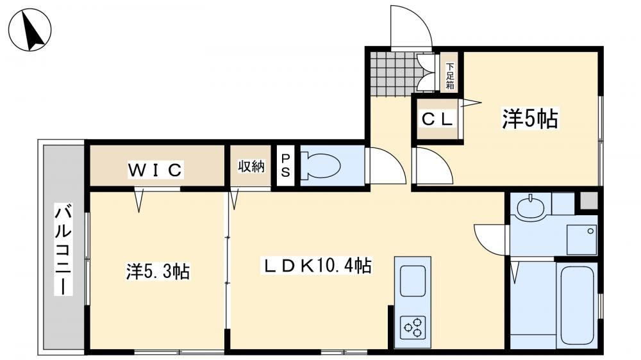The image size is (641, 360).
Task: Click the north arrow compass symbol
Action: pos(30,29)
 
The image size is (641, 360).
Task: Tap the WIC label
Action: pos(155,170)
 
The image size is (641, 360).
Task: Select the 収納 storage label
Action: pos(251,167)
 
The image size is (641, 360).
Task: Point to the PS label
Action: pos(285,165)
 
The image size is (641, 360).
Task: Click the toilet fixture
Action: pos(320,165)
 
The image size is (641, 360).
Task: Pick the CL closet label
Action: pos(437,119)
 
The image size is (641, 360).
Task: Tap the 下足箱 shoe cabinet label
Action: pos(450,76)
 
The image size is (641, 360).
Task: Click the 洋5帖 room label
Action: pos(530,119)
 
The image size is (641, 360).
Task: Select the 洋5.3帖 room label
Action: pos(158,272)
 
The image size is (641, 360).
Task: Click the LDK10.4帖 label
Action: pos(318,266)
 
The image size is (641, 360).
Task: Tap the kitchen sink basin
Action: pos(413,281)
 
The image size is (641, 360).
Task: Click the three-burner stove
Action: pos(413,326)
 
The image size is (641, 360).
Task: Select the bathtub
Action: pos(578,305)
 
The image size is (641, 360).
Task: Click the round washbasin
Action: pos(531,207)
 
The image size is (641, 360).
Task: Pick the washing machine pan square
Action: pos(582,239)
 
